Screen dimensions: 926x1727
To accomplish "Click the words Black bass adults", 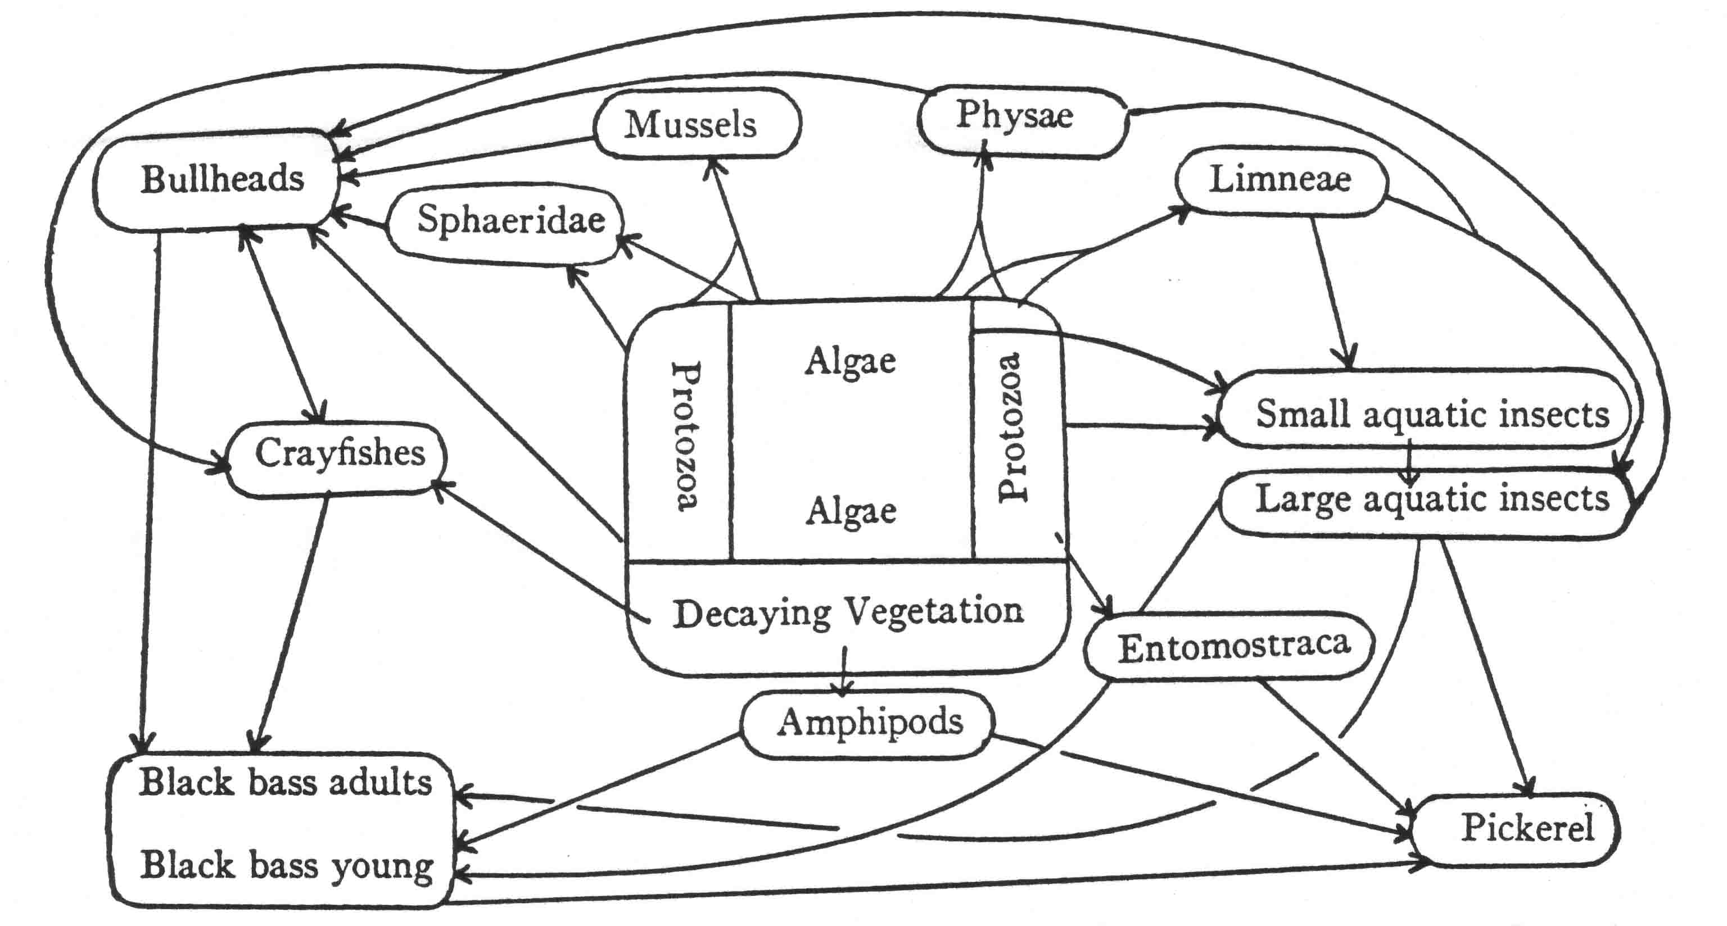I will pyautogui.click(x=285, y=783).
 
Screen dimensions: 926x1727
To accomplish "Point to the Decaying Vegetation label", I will pyautogui.click(x=848, y=612).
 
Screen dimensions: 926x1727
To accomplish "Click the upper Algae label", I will pyautogui.click(x=850, y=362).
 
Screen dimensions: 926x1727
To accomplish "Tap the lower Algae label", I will pyautogui.click(x=850, y=512).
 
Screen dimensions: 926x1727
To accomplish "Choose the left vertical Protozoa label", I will pyautogui.click(x=685, y=435).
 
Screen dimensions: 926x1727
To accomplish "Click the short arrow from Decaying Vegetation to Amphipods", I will pyautogui.click(x=844, y=670).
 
